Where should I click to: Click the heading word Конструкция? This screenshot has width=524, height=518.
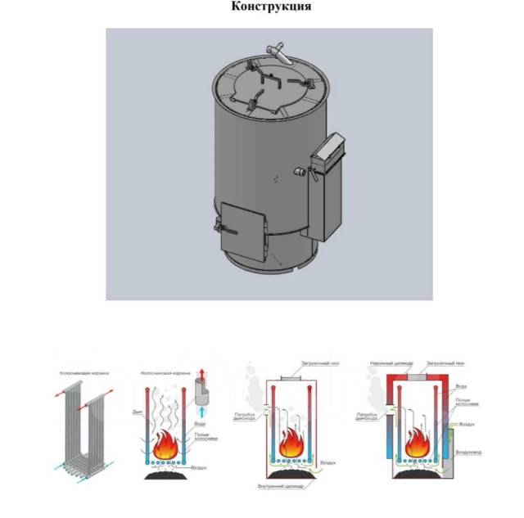(271, 7)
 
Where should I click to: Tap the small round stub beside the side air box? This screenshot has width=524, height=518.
(300, 173)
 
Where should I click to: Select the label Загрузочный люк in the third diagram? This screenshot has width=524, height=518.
(315, 363)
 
